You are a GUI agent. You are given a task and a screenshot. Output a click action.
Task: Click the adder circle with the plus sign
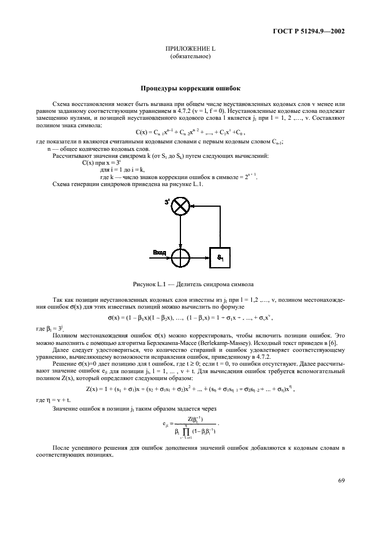(x=181, y=253)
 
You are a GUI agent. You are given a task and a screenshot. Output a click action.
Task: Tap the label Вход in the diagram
(x=159, y=252)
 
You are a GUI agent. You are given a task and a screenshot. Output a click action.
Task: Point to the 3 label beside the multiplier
(x=167, y=202)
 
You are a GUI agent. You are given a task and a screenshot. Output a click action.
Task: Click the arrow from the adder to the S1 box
(x=199, y=253)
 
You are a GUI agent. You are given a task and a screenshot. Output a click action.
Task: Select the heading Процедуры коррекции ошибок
(x=190, y=89)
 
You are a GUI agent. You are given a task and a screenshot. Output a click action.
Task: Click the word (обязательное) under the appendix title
(x=190, y=58)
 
